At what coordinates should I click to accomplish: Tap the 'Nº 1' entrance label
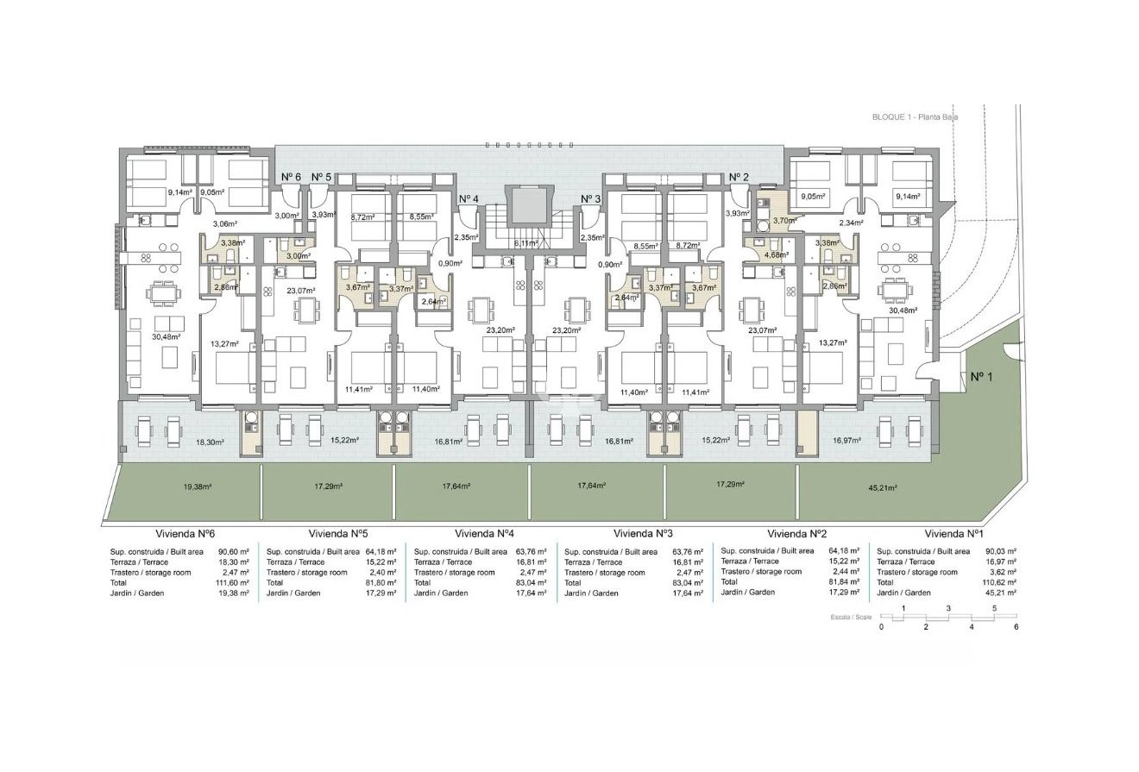tap(981, 376)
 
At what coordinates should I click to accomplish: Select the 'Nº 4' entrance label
tap(468, 199)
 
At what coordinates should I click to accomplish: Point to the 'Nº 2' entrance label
tap(739, 177)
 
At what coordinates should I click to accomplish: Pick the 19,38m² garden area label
tap(198, 486)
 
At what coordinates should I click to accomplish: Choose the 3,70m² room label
tap(785, 221)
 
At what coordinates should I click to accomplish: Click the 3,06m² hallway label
tap(224, 223)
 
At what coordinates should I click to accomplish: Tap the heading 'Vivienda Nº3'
tap(642, 533)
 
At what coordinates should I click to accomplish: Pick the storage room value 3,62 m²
tap(1000, 572)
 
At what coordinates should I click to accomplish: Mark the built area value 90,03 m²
tap(998, 551)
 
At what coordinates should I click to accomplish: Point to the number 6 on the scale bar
tap(1016, 627)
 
